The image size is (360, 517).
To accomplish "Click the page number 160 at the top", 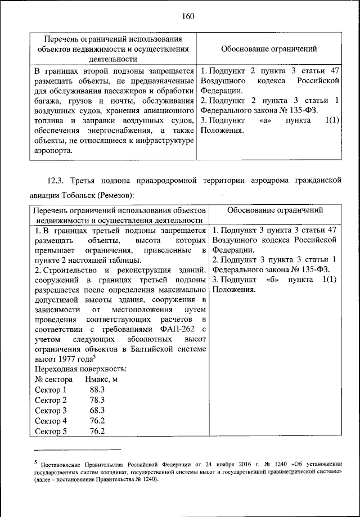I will [x=188, y=16].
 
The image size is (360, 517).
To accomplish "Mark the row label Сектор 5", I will [x=51, y=431].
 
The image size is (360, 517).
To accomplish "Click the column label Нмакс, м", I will [x=101, y=379].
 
